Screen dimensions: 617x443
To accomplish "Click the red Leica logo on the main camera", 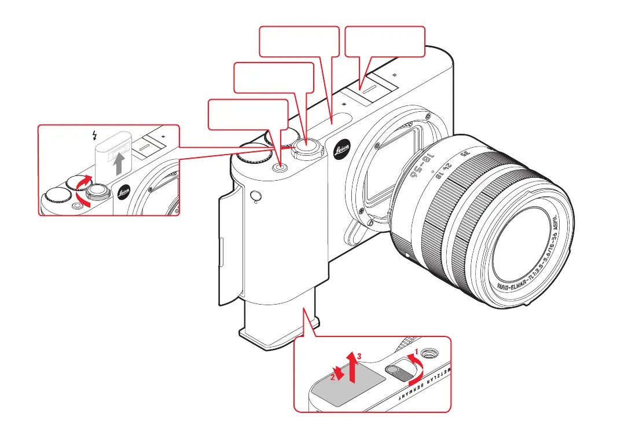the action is click(x=343, y=152).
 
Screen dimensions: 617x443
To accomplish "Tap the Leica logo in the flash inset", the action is click(x=123, y=193).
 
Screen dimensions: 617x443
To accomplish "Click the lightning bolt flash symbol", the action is click(x=94, y=136).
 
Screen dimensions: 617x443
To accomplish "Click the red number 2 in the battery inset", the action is click(x=332, y=377).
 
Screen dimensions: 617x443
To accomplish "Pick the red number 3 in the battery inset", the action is click(x=359, y=357).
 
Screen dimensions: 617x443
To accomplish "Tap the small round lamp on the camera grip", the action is click(x=255, y=198).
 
